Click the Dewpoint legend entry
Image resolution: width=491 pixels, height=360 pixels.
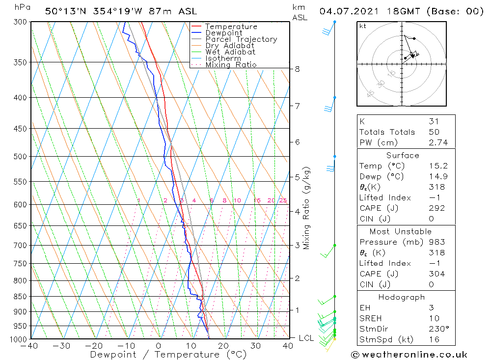pyautogui.click(x=223, y=33)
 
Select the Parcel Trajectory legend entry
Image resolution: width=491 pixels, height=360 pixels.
pyautogui.click(x=241, y=39)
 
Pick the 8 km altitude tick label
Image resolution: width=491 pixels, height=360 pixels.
pyautogui.click(x=297, y=69)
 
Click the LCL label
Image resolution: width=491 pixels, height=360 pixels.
pyautogui.click(x=306, y=338)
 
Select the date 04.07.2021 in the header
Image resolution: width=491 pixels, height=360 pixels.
pyautogui.click(x=346, y=11)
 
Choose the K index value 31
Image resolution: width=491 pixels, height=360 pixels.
pyautogui.click(x=434, y=121)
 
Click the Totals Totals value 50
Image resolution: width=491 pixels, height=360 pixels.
pyautogui.click(x=434, y=132)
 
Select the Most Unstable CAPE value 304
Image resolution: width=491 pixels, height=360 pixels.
pyautogui.click(x=436, y=274)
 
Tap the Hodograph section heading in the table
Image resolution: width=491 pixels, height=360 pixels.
pyautogui.click(x=406, y=297)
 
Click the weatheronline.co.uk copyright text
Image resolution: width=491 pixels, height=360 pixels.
pyautogui.click(x=409, y=354)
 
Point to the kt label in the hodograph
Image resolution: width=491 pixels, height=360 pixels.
pyautogui.click(x=363, y=27)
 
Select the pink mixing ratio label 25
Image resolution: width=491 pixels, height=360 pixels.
pyautogui.click(x=283, y=200)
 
